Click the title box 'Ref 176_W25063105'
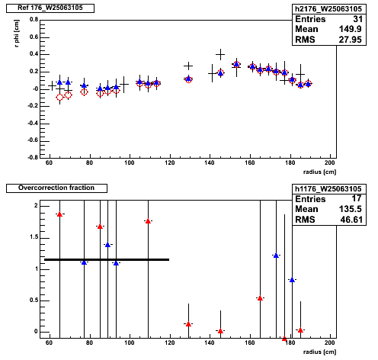click(50, 8)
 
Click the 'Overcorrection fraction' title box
click(56, 188)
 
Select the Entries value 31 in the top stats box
click(357, 19)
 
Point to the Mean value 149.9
click(350, 29)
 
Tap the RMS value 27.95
click(350, 40)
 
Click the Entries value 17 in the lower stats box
click(357, 198)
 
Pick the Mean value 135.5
click(350, 209)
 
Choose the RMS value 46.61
click(351, 220)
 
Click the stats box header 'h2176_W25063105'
click(328, 9)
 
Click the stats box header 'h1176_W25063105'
click(328, 189)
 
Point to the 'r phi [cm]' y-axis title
click(17, 34)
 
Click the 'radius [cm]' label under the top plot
click(319, 172)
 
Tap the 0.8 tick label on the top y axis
click(34, 20)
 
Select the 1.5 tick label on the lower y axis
click(34, 237)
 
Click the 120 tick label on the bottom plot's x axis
click(169, 342)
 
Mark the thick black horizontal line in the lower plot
click(107, 259)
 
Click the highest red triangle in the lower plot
click(59, 214)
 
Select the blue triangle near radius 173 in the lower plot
click(276, 256)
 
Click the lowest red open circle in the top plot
click(59, 97)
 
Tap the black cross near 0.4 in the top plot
click(220, 54)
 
